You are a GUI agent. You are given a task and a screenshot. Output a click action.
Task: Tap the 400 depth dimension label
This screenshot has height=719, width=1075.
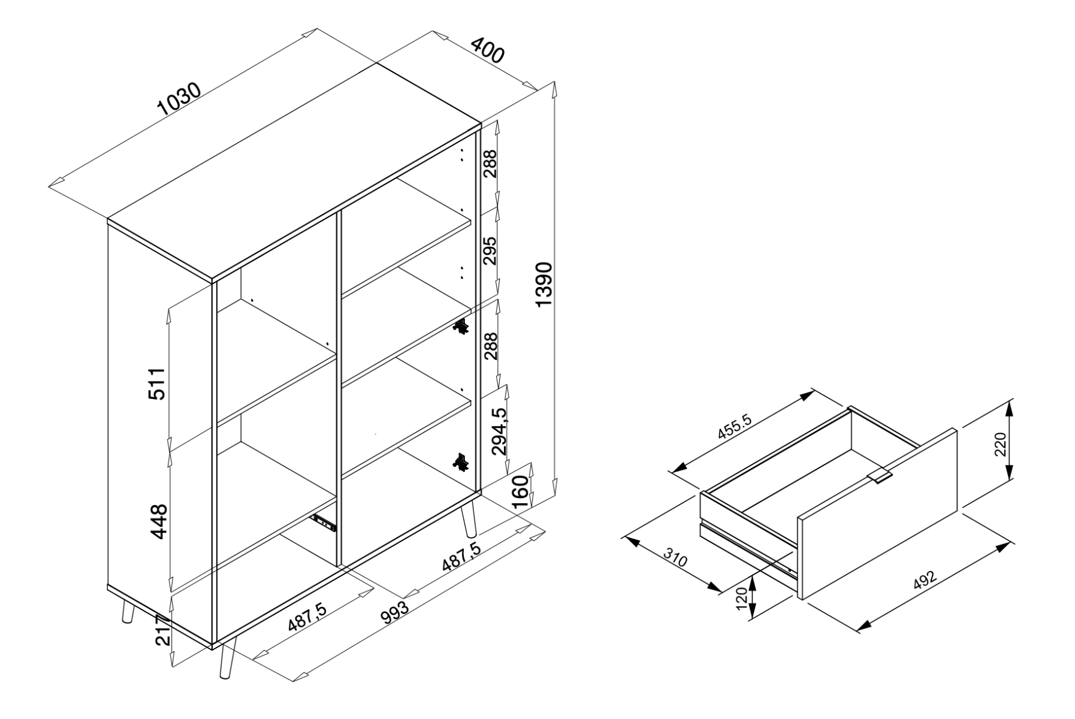(487, 50)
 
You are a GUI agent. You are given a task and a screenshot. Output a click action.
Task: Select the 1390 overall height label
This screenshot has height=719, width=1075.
(543, 284)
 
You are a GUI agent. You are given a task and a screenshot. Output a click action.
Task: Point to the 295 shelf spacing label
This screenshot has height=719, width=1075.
(490, 250)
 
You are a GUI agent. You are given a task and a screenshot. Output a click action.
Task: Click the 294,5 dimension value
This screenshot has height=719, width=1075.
(499, 431)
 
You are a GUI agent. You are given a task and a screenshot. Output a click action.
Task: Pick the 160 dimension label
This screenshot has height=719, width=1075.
(521, 491)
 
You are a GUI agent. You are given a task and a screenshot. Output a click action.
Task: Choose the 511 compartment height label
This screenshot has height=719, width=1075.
(156, 384)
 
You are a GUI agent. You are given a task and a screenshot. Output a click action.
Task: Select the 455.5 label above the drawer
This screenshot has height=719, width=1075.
(734, 427)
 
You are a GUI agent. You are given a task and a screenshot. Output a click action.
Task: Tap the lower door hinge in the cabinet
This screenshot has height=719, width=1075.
(461, 462)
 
